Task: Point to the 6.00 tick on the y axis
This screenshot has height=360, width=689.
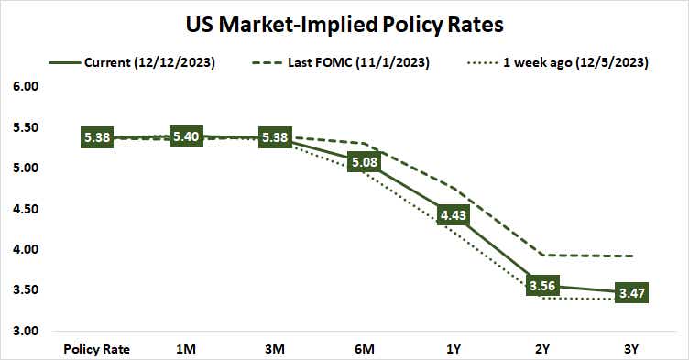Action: click(25, 87)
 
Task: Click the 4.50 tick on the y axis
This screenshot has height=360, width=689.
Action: click(25, 209)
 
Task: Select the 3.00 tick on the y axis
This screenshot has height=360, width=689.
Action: click(25, 331)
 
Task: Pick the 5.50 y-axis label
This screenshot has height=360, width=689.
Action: click(25, 127)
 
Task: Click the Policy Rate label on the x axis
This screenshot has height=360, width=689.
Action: click(97, 349)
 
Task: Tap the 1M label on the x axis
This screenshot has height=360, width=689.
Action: click(186, 349)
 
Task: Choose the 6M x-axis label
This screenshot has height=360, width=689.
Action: click(365, 349)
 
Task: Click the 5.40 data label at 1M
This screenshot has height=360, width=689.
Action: click(186, 136)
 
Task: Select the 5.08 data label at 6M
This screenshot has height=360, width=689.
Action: click(365, 162)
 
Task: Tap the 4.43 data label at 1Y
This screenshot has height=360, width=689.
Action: click(454, 215)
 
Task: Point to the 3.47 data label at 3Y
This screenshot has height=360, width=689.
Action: click(632, 293)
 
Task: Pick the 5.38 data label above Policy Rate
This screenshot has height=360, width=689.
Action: click(97, 138)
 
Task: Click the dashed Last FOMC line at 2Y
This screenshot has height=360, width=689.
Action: click(542, 255)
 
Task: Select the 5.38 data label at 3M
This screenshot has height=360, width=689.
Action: click(276, 138)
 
